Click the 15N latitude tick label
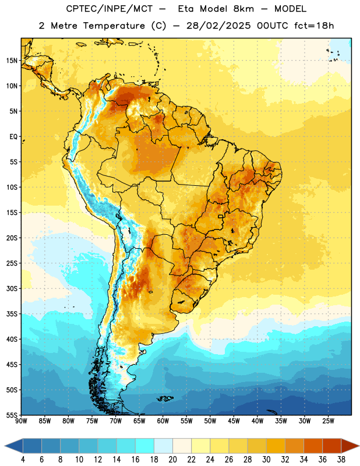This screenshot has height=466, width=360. [x=12, y=61]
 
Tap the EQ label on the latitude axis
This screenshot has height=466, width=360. [x=13, y=137]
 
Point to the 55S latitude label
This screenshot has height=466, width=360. [x=12, y=415]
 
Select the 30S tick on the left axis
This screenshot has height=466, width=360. [x=12, y=288]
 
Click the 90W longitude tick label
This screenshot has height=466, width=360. [x=22, y=421]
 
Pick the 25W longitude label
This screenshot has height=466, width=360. [x=328, y=421]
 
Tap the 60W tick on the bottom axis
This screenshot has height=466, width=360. [x=163, y=421]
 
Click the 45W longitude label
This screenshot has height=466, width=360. [x=234, y=421]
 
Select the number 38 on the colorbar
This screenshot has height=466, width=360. [x=341, y=460]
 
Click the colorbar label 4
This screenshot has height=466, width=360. [x=23, y=460]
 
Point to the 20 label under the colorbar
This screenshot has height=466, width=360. [x=172, y=460]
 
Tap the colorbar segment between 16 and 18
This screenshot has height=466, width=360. [x=145, y=446]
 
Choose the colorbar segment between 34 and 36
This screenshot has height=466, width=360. [x=313, y=446]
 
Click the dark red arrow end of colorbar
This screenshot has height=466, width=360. [x=350, y=446]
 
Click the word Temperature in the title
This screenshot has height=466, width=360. [x=114, y=26]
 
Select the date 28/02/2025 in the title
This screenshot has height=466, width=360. [x=218, y=26]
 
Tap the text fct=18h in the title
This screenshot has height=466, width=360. [x=314, y=26]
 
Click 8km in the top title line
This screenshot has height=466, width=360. [x=243, y=9]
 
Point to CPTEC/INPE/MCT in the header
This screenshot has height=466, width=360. [x=109, y=9]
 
